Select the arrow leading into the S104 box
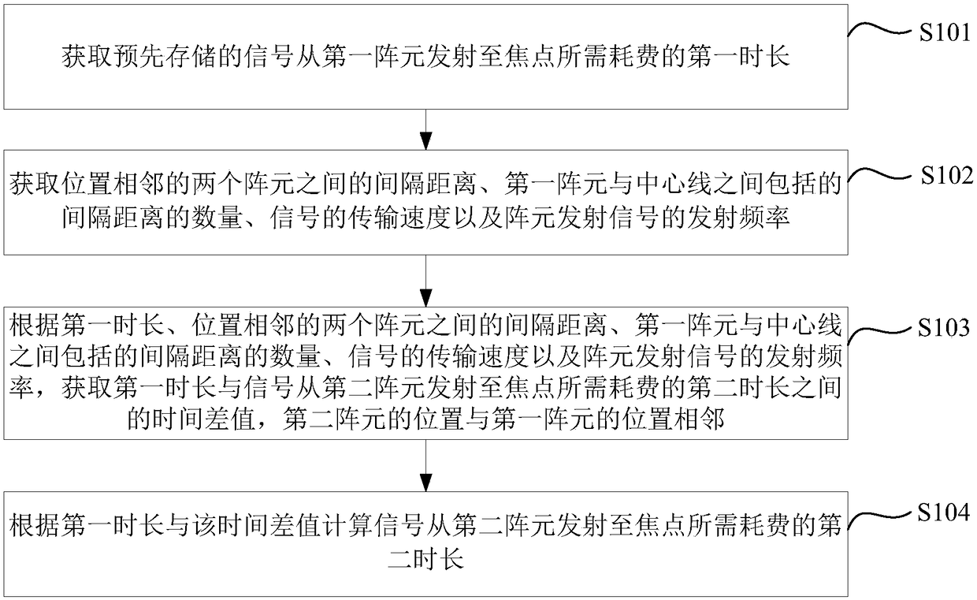(425, 465)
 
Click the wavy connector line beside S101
(875, 30)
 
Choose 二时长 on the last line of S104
(425, 559)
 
